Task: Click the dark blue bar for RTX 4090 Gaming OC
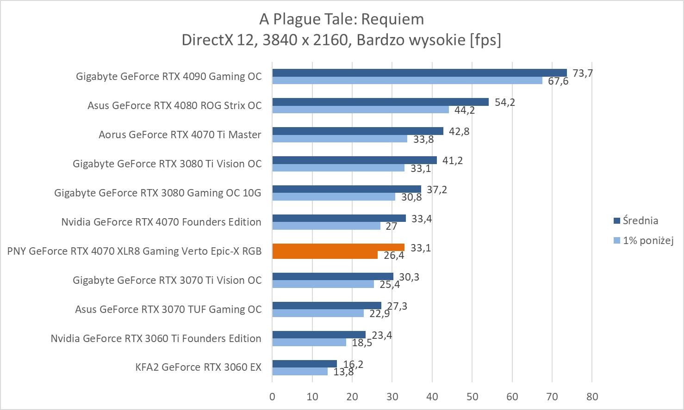(x=419, y=73)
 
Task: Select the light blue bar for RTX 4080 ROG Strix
(x=361, y=110)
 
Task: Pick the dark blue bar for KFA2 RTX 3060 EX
(x=305, y=364)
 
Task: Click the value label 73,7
(x=583, y=73)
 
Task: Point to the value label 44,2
(x=465, y=111)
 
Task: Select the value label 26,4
(x=394, y=256)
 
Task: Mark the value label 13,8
(x=343, y=372)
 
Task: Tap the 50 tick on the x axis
(x=472, y=397)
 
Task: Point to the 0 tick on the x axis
(x=272, y=397)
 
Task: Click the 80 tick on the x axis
(x=592, y=397)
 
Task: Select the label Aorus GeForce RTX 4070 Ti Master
(x=180, y=135)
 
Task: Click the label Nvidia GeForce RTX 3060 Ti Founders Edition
(x=156, y=338)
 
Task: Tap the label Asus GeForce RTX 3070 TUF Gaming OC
(x=168, y=309)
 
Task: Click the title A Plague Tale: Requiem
(x=342, y=19)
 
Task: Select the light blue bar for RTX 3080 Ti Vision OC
(x=338, y=168)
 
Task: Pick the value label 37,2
(x=437, y=190)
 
